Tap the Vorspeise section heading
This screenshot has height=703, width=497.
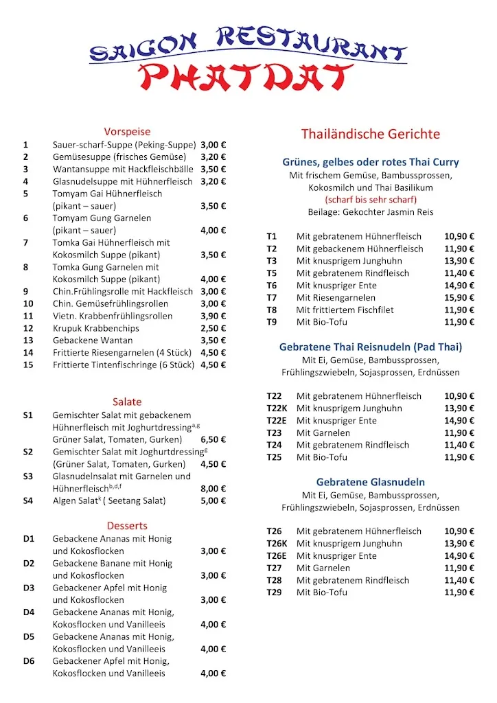127,131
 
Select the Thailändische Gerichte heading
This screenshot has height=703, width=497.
371,134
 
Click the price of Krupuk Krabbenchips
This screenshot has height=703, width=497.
213,328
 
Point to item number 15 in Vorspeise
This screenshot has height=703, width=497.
28,365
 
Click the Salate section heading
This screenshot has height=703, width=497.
127,402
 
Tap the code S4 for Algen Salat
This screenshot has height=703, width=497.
28,500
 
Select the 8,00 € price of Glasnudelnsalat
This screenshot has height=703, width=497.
213,488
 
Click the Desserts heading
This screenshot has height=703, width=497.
127,526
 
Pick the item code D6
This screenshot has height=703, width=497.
29,661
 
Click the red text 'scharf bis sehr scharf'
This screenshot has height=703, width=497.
371,200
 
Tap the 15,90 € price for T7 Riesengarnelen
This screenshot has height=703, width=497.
459,297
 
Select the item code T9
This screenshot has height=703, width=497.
272,322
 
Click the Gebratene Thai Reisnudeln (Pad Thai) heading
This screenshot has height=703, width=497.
371,347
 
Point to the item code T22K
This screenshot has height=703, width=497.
276,408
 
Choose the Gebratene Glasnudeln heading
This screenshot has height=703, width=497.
371,483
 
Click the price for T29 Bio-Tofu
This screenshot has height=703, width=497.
459,592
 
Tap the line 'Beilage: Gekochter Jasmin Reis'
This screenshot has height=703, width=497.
371,212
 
